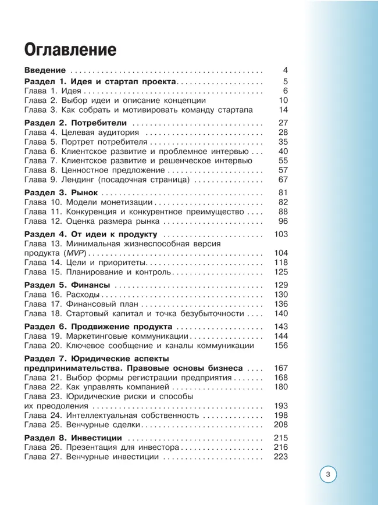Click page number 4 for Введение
click(285, 70)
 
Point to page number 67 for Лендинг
click(283, 180)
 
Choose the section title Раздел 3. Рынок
click(60, 193)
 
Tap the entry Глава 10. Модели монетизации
click(88, 202)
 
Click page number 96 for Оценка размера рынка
click(283, 221)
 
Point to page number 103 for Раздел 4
click(281, 234)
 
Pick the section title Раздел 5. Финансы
click(67, 285)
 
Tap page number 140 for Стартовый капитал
click(281, 314)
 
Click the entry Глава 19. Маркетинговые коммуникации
click(107, 336)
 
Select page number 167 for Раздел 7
click(281, 368)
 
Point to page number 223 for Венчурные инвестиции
click(281, 457)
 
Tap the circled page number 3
click(328, 474)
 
